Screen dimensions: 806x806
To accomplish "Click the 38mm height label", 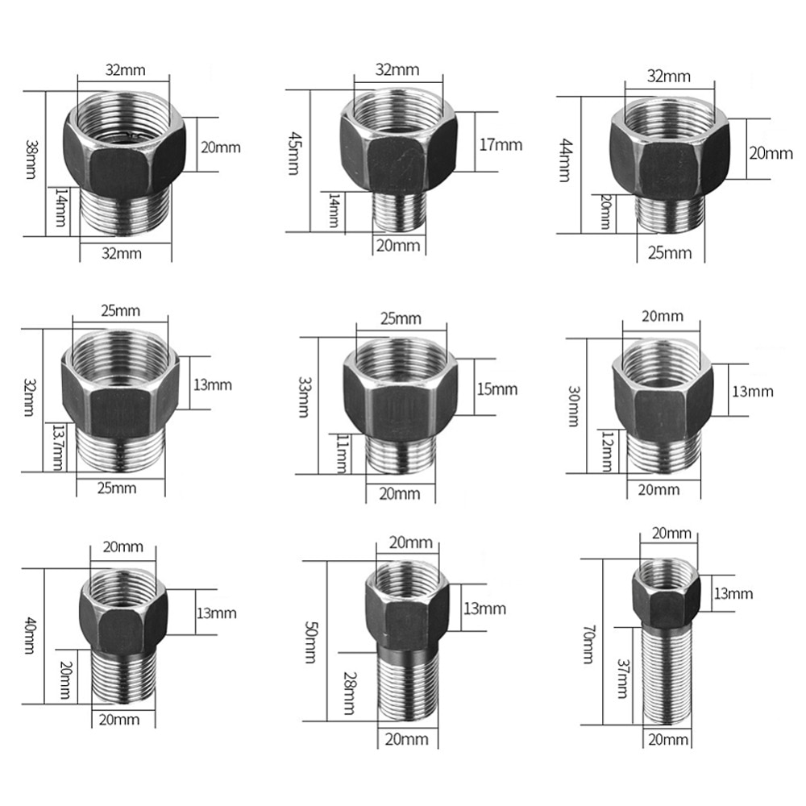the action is point(31,160).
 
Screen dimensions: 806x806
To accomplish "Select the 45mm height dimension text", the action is point(294,153).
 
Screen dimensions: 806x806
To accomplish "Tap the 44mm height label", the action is point(565,160).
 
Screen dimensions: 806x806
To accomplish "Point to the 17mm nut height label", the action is point(501,145).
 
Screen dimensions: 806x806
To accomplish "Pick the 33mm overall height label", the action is point(305,397).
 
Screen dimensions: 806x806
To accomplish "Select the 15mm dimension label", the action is point(497,389).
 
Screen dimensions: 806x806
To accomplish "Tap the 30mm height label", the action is point(574,406).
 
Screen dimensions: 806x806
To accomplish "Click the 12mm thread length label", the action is point(608,451).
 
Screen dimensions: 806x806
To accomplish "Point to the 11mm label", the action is point(342,453).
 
